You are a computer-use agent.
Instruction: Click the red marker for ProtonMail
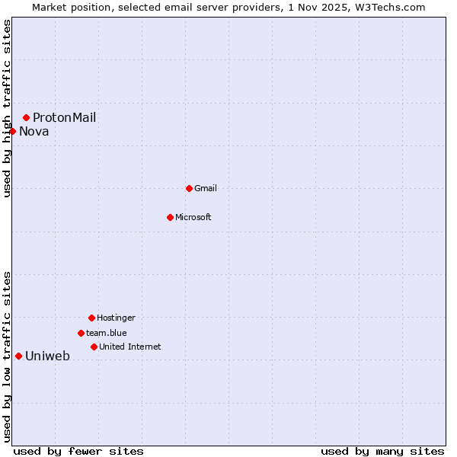pos(26,117)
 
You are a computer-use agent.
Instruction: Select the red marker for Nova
pos(12,131)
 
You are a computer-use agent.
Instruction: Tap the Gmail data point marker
pos(189,188)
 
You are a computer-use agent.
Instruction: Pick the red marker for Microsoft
pos(170,217)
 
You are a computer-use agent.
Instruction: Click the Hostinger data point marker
pos(91,318)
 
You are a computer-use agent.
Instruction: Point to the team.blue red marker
pos(81,333)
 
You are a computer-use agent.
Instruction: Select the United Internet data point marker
pos(94,347)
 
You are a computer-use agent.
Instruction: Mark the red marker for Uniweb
pos(18,356)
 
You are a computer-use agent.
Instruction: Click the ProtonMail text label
pos(64,117)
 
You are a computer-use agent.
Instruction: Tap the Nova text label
pos(34,131)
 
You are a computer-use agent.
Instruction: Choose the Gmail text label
pos(206,188)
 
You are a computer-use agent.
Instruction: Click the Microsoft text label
pos(193,217)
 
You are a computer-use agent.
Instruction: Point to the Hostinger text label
pos(116,318)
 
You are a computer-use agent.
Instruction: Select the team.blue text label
pos(107,333)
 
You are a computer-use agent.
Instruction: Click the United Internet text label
pos(130,347)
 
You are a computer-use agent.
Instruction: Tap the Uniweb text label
pos(48,356)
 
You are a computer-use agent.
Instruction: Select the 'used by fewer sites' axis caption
pos(78,451)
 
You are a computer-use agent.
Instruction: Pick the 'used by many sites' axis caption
pos(382,451)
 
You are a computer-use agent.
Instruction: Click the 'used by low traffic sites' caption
pos(7,356)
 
